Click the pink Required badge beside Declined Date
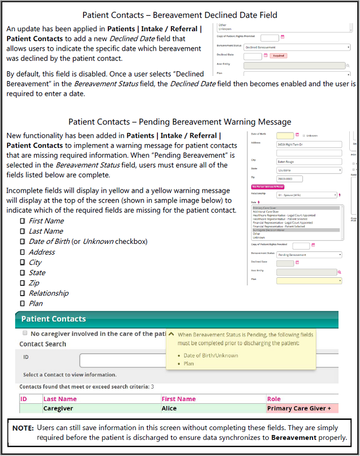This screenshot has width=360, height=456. pos(278,55)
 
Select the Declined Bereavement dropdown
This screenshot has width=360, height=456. pos(297,47)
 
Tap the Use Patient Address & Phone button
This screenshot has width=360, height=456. pos(267,187)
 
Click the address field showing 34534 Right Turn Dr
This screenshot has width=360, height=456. pos(309,144)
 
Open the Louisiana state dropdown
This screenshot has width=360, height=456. pos(309,170)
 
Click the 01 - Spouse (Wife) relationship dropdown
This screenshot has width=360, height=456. pos(306,195)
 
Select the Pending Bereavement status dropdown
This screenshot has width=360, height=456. pos(309,255)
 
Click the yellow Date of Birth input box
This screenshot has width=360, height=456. pos(285,135)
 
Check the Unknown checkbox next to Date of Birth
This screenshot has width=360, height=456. pos(304,136)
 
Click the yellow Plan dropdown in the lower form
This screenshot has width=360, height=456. pos(309,280)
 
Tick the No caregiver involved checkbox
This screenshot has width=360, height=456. pos(24,334)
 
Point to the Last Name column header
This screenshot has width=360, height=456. pos(60,399)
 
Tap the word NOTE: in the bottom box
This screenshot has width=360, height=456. pos(23,428)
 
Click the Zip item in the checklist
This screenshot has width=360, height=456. pos(34,283)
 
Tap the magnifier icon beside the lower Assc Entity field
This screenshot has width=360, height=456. pos(340,272)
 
